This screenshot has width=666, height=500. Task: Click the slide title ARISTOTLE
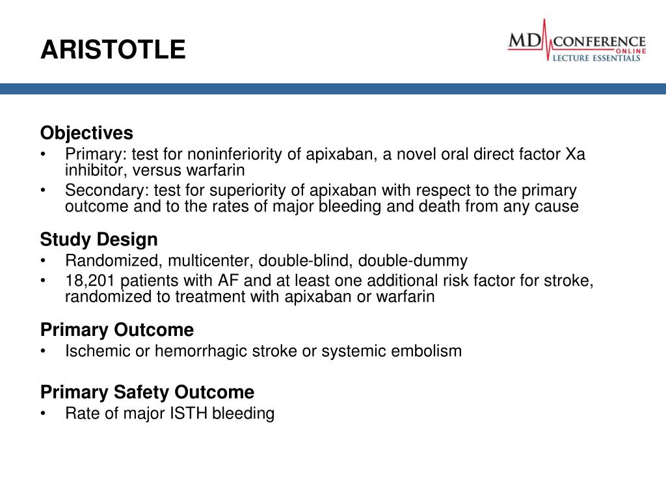[x=113, y=49]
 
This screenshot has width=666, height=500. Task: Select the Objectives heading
[x=87, y=133]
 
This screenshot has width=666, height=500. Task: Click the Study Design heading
[x=99, y=240]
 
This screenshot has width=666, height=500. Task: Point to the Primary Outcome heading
[x=117, y=329]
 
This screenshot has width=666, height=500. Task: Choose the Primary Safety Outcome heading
[x=147, y=393]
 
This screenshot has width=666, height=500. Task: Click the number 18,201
[x=88, y=281]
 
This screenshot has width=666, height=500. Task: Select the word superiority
[x=266, y=191]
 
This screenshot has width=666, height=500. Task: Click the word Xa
[x=575, y=155]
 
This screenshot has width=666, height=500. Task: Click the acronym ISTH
[x=189, y=413]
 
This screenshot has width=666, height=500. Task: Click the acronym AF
[x=243, y=281]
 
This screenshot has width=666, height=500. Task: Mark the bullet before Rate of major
[x=43, y=413]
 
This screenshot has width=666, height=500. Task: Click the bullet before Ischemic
[x=43, y=351]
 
